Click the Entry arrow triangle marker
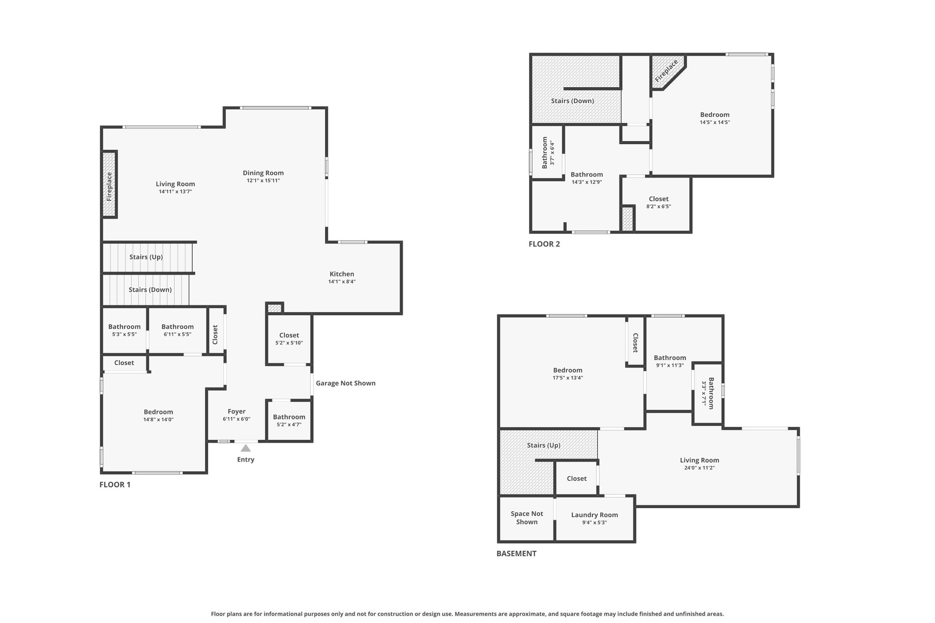246,448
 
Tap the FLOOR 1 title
115,485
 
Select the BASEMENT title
516,554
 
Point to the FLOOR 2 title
544,244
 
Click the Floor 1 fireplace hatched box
109,184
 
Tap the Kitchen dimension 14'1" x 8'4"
342,282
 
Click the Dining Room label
263,173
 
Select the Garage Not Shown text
346,383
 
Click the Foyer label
236,411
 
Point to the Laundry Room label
594,515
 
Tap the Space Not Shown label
527,518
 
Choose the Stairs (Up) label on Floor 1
146,257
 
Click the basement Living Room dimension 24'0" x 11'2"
699,468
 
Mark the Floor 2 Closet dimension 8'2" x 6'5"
659,206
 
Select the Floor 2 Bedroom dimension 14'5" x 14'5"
715,122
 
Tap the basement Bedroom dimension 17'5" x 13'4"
568,378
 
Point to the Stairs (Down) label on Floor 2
573,101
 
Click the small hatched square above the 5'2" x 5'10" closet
274,309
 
